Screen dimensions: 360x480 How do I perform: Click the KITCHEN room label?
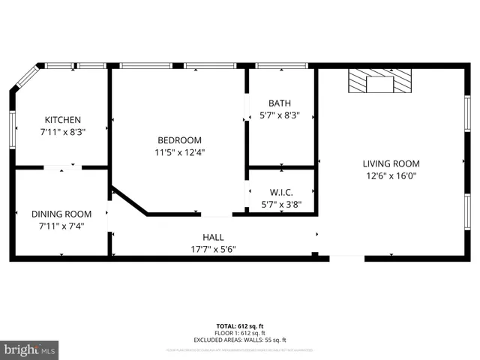62,120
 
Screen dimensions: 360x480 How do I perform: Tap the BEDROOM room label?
179,140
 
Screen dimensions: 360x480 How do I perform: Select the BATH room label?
280,103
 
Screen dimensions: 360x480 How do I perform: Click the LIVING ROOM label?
391,163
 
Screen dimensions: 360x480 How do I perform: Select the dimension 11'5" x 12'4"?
179,152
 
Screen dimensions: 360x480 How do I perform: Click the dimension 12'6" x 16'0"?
391,176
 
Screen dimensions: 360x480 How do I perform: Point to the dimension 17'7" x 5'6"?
213,249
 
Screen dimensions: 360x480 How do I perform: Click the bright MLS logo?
30,349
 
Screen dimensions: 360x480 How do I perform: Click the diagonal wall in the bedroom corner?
128,200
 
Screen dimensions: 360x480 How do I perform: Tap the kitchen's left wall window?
12,125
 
